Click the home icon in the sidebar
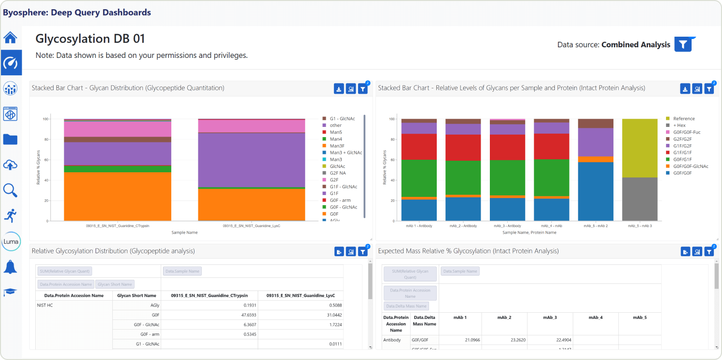pos(11,37)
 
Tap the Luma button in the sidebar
pos(11,241)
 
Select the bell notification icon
pos(11,267)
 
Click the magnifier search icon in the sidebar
pos(11,190)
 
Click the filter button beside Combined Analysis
pos(683,44)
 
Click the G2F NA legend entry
pos(337,173)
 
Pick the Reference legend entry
pos(684,119)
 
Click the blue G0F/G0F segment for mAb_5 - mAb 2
pos(596,191)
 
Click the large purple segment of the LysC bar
pos(251,159)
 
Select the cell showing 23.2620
pos(504,340)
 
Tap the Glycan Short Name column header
pos(137,295)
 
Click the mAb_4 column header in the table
pos(596,318)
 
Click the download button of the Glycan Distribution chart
pos(339,89)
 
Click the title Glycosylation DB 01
pos(90,39)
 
